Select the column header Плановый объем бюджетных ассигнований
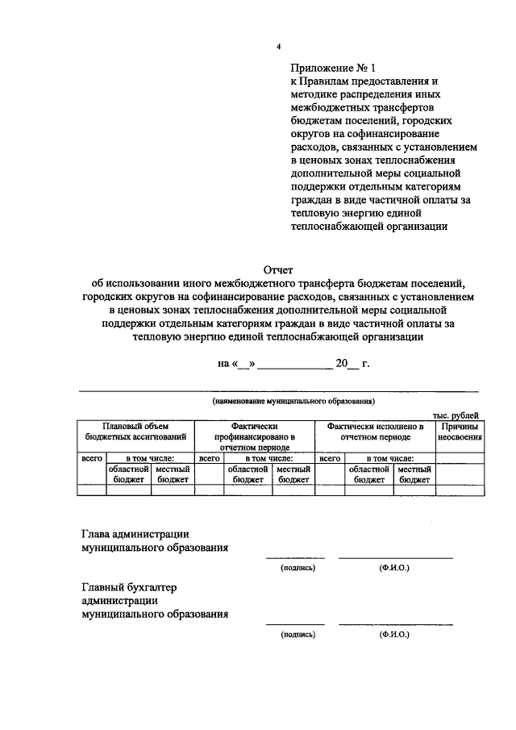(135, 431)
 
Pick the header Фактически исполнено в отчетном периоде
(375, 431)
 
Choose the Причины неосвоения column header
(460, 431)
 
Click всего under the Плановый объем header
(91, 457)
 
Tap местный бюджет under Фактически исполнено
(414, 473)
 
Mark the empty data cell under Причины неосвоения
(460, 489)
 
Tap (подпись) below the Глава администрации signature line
(298, 568)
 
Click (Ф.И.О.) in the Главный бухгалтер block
(394, 635)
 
